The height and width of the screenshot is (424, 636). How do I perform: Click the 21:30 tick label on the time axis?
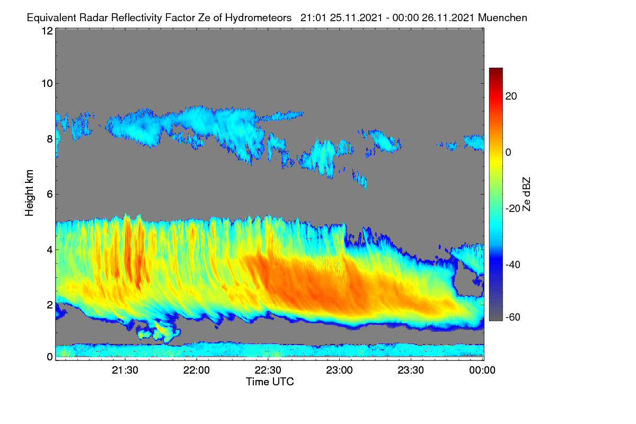pyautogui.click(x=125, y=370)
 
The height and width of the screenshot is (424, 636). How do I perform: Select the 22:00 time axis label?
pyautogui.click(x=197, y=370)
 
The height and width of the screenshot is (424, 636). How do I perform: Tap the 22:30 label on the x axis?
pyautogui.click(x=268, y=370)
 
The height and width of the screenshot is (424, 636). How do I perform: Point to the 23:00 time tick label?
pyautogui.click(x=339, y=370)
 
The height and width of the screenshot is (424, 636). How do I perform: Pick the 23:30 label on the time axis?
pyautogui.click(x=411, y=370)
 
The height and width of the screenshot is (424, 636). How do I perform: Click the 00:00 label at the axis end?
pyautogui.click(x=482, y=370)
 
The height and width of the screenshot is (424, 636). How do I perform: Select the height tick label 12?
pyautogui.click(x=47, y=31)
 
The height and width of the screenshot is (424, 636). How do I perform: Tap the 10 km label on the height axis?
pyautogui.click(x=47, y=84)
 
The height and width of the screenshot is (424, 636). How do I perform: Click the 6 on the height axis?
pyautogui.click(x=50, y=195)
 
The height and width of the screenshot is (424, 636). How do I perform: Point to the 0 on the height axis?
pyautogui.click(x=50, y=357)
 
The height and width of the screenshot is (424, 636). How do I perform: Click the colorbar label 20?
pyautogui.click(x=511, y=96)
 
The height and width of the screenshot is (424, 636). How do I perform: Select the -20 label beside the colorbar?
pyautogui.click(x=513, y=208)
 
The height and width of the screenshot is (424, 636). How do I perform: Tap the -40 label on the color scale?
pyautogui.click(x=513, y=264)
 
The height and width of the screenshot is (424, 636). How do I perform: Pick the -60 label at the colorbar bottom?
pyautogui.click(x=513, y=317)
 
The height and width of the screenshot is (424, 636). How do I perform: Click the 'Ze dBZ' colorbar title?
pyautogui.click(x=526, y=195)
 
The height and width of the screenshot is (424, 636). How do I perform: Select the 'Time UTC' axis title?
pyautogui.click(x=270, y=382)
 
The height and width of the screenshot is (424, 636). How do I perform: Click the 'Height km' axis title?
pyautogui.click(x=29, y=193)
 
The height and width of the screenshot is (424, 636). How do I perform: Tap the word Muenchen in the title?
pyautogui.click(x=502, y=18)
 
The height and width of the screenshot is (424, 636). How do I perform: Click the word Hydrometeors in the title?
pyautogui.click(x=259, y=18)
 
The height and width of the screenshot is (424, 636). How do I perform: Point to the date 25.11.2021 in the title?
pyautogui.click(x=356, y=18)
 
